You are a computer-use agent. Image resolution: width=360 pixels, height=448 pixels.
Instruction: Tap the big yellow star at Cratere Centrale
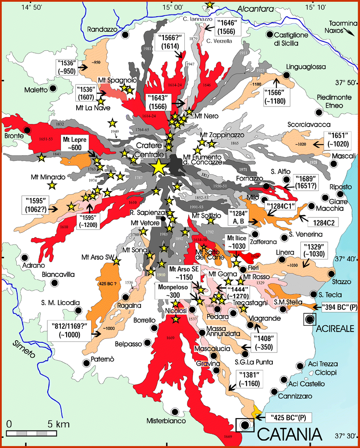pyautogui.click(x=159, y=167)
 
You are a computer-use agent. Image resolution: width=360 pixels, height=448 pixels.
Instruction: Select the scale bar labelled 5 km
pyautogui.click(x=31, y=433)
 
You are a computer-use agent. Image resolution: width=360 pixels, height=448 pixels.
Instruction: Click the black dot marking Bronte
pyautogui.click(x=28, y=130)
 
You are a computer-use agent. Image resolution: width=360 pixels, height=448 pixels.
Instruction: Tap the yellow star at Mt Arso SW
pyautogui.click(x=116, y=261)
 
